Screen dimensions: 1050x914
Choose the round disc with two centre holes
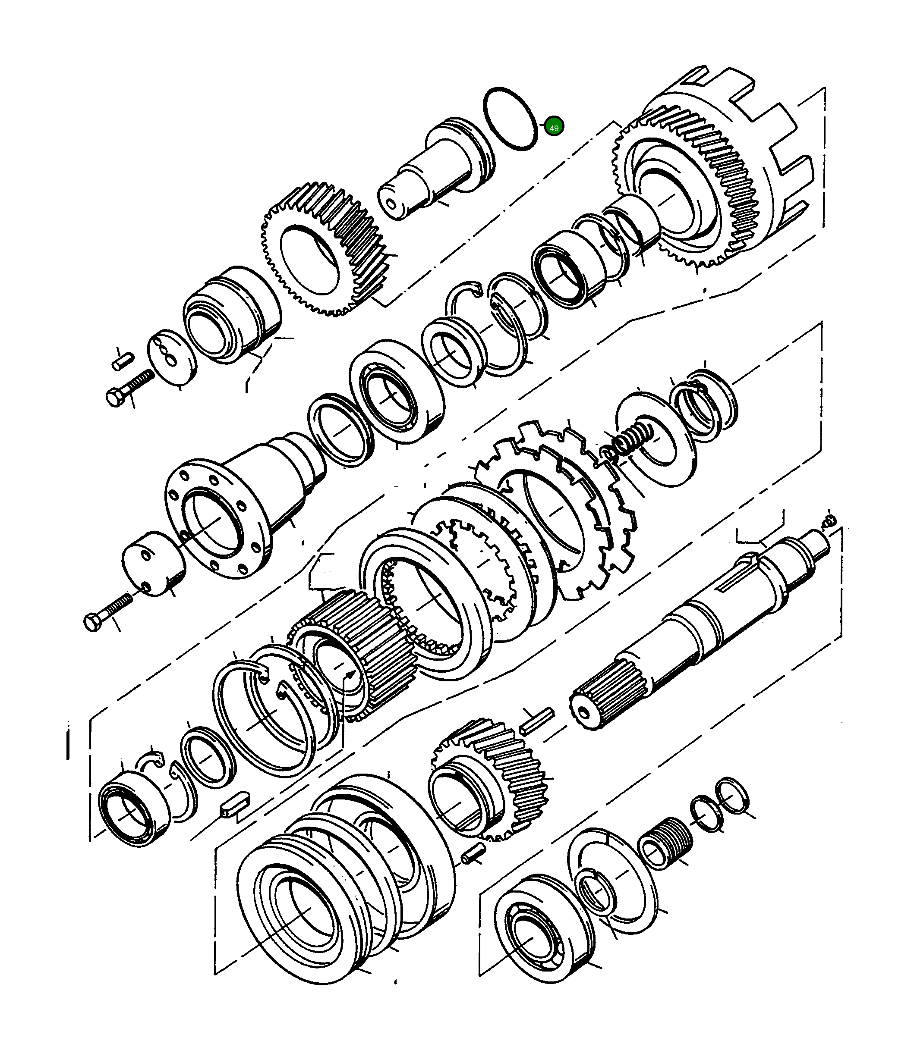[x=171, y=355]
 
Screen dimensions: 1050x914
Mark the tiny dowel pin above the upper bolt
[x=123, y=361]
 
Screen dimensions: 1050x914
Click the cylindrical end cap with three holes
[x=153, y=563]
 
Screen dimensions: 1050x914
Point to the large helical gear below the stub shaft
[x=326, y=250]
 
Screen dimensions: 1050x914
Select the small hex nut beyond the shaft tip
[x=830, y=520]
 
